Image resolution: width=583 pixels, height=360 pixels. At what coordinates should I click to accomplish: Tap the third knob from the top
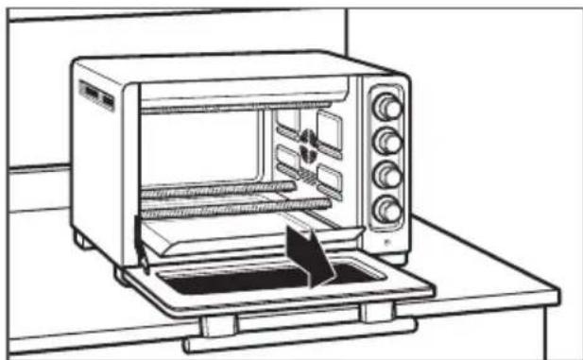coord(386,175)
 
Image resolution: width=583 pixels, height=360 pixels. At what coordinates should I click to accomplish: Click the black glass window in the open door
coord(236,279)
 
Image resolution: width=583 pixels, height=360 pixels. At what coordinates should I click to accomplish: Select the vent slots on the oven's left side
coord(95,95)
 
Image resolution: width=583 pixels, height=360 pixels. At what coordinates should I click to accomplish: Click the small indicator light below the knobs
coord(387,239)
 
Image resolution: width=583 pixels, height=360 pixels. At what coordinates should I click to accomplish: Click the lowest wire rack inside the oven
coord(236,203)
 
